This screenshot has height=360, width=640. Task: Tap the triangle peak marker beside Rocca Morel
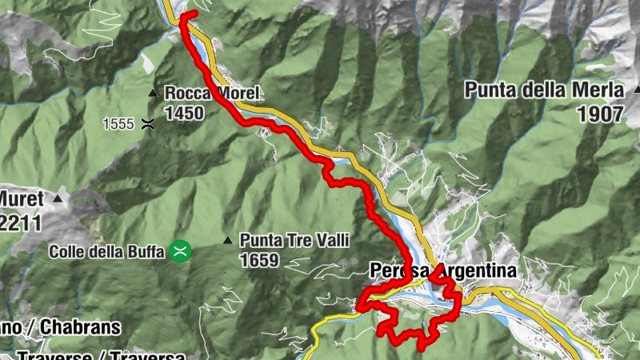pos(153,94)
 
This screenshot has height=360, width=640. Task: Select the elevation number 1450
pos(184,113)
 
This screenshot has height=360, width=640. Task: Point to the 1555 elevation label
pos(118,123)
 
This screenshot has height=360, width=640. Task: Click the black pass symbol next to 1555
pos(148,123)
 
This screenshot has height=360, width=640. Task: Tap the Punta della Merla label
pos(547,90)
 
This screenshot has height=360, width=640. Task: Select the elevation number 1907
pos(599,114)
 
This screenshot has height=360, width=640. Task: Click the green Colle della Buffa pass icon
pos(179,251)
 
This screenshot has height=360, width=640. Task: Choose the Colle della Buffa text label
pos(107,251)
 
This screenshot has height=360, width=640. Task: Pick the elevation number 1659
pos(258,260)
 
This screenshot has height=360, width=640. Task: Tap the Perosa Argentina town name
pos(443,270)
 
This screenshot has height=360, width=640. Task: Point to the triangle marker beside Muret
pos(58,198)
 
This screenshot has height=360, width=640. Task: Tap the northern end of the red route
pos(192,14)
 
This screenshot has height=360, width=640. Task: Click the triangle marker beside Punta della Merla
pos(637,90)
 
